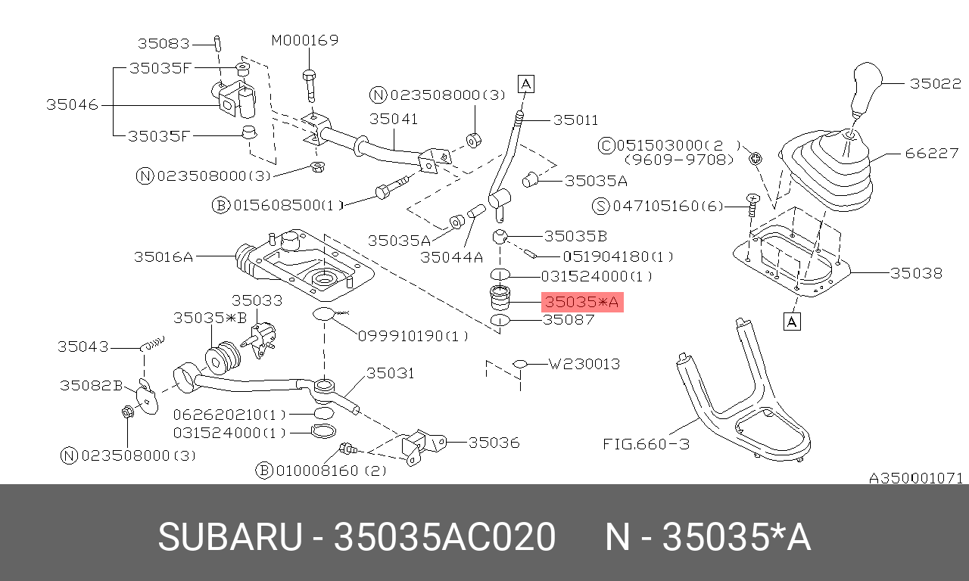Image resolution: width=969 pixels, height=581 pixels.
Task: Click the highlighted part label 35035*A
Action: [582, 303]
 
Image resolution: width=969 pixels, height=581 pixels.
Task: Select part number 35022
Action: [935, 84]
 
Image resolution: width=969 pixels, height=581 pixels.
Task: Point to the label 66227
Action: [932, 153]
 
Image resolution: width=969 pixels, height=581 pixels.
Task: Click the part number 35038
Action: [916, 273]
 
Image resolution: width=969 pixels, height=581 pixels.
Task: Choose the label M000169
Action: [305, 40]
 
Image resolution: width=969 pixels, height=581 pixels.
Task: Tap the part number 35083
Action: [163, 43]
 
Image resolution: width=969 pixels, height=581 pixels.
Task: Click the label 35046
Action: [72, 104]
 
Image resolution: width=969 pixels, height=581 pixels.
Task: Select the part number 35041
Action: [394, 119]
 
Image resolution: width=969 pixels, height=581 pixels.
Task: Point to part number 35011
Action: [575, 120]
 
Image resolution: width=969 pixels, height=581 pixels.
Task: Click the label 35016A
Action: [164, 256]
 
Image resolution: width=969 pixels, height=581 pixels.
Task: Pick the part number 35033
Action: [257, 300]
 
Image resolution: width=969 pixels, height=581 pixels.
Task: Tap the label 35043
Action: [83, 346]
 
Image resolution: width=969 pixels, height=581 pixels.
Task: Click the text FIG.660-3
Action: [646, 444]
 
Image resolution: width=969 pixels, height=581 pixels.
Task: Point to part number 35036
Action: [494, 442]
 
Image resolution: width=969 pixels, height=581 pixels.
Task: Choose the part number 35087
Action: [569, 320]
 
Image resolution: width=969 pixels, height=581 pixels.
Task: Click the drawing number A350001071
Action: [915, 478]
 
